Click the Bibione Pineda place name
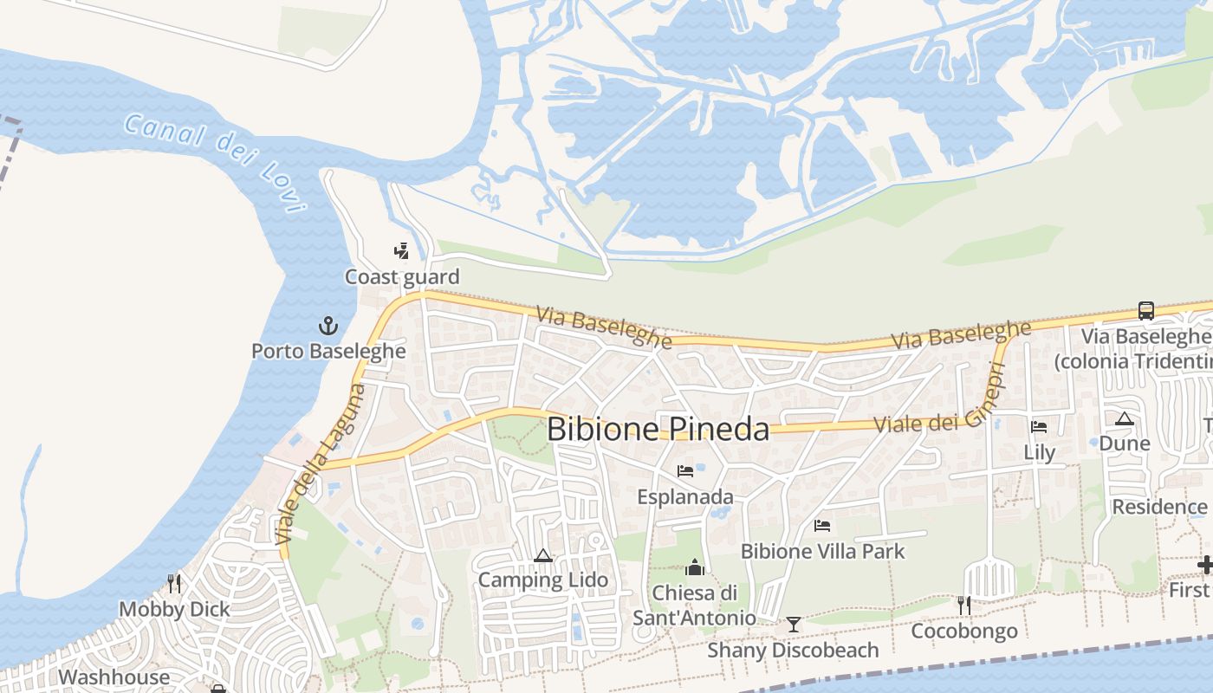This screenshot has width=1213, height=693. (x=658, y=429)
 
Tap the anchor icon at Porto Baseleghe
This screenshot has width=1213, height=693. (x=328, y=326)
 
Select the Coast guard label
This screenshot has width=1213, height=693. (x=402, y=277)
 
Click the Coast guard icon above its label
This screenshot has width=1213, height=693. (x=401, y=251)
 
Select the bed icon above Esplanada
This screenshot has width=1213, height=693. (x=685, y=471)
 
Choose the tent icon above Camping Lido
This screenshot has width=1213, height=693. (x=543, y=555)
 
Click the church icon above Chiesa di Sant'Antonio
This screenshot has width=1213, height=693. (x=694, y=567)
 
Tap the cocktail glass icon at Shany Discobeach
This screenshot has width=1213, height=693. (x=793, y=625)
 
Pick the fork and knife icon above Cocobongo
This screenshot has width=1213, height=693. (x=964, y=605)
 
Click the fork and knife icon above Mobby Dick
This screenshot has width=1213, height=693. (x=175, y=583)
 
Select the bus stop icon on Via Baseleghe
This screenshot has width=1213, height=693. (x=1145, y=310)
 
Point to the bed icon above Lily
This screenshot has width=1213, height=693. (x=1039, y=426)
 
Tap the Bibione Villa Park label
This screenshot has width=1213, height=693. (x=822, y=551)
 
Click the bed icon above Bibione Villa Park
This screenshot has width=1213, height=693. (x=822, y=526)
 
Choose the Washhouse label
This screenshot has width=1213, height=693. (x=114, y=677)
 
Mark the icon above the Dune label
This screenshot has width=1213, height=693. (x=1125, y=419)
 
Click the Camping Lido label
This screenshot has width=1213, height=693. (x=543, y=580)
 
